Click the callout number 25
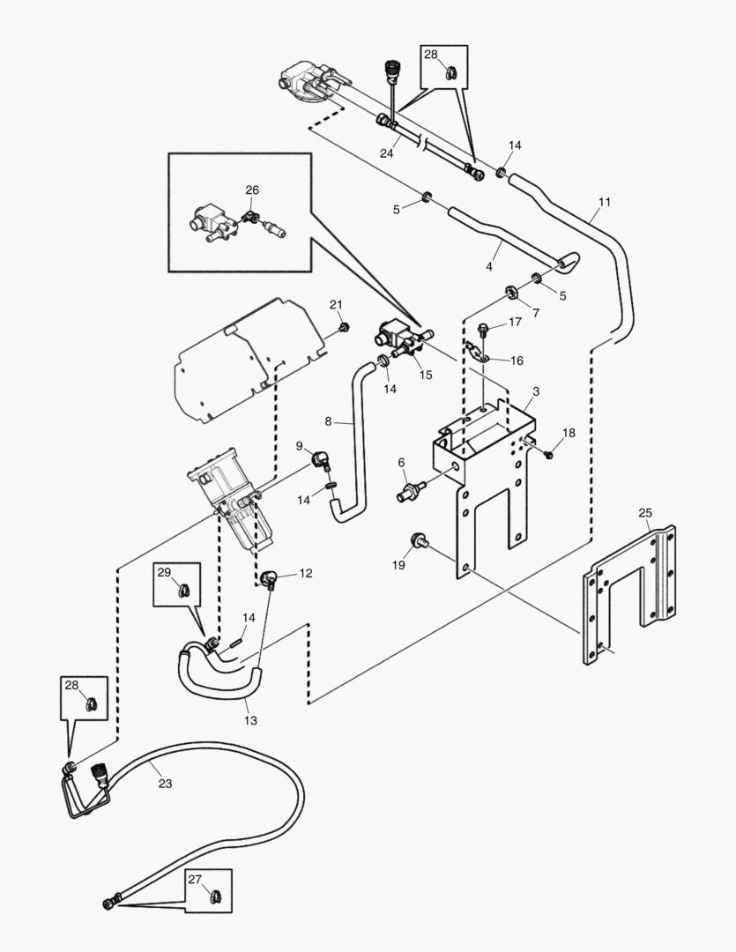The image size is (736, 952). tap(645, 512)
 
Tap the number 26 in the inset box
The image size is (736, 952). tap(252, 190)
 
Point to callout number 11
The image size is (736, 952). tap(604, 202)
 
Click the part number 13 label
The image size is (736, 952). tap(251, 720)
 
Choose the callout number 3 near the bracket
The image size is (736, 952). tap(536, 390)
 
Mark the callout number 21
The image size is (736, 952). tap(336, 304)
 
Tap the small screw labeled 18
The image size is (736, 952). tap(548, 454)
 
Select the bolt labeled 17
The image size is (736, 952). tap(484, 331)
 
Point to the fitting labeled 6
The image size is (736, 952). tap(412, 487)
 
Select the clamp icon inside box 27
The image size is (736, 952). tap(213, 898)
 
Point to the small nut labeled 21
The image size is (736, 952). tap(345, 328)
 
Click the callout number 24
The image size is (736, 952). tap(386, 152)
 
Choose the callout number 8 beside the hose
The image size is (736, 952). tap(328, 421)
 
